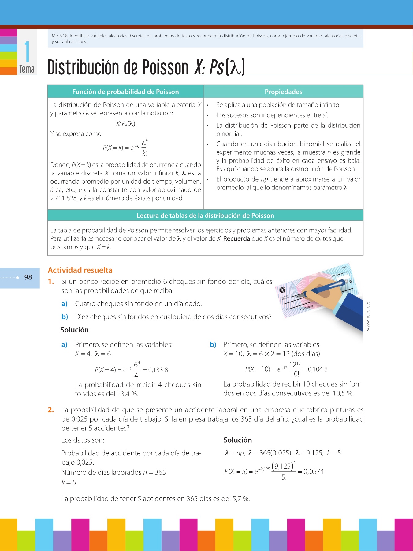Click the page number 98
(28, 277)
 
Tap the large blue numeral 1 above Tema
(27, 52)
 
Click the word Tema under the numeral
(27, 69)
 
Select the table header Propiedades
(283, 92)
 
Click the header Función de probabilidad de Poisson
(125, 92)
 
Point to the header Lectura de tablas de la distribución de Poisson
(205, 216)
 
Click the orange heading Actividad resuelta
(80, 270)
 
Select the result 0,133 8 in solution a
(158, 370)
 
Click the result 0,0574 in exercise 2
(314, 471)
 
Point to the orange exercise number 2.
(51, 410)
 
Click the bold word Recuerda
(236, 239)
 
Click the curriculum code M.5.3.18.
(60, 36)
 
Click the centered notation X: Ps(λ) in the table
(125, 123)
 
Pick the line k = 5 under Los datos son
(69, 483)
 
